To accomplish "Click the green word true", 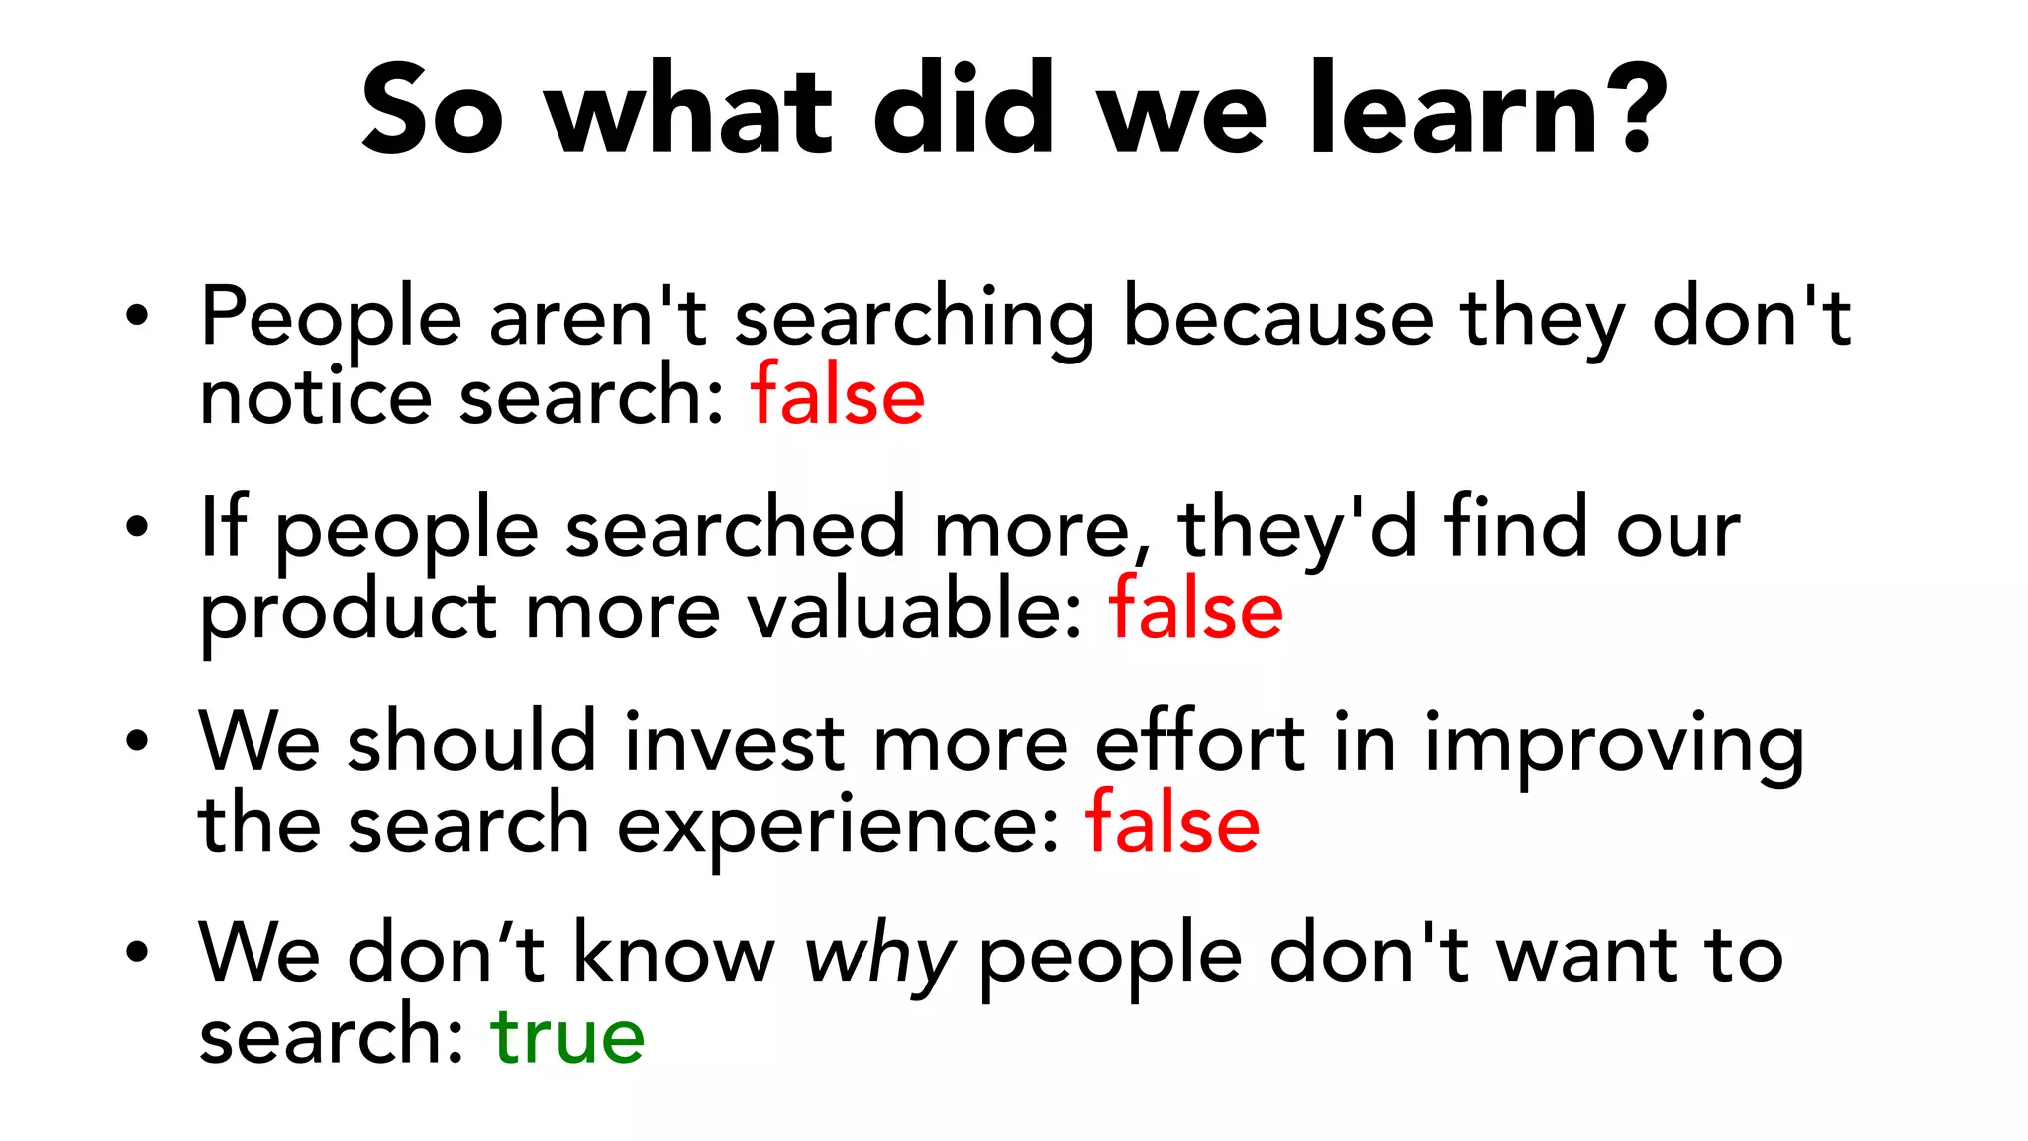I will (567, 1036).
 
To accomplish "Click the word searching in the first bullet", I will (914, 319).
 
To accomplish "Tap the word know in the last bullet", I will (674, 955).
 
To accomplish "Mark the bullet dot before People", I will (137, 317).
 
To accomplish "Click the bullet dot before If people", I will (137, 528).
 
